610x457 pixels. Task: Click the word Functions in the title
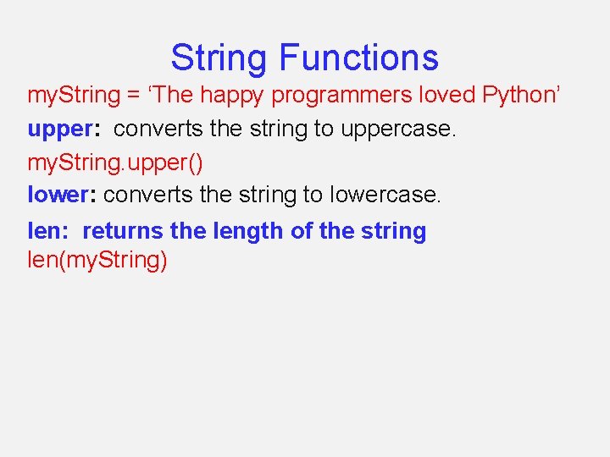click(x=358, y=58)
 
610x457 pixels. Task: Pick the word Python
click(x=518, y=95)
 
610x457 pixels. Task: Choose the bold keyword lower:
click(x=64, y=195)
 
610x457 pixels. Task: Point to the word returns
click(x=123, y=231)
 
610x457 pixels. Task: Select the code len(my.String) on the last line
click(x=97, y=260)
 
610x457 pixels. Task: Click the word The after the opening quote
click(x=175, y=95)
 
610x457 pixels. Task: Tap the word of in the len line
click(x=302, y=231)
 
